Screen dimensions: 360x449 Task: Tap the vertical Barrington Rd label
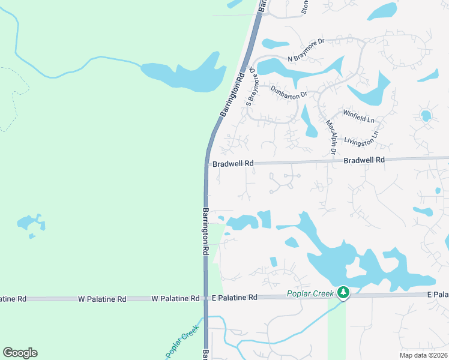point(205,232)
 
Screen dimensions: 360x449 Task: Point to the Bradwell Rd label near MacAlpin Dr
point(364,160)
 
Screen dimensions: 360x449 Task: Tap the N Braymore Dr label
point(306,50)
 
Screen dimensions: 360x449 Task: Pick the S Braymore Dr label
point(253,88)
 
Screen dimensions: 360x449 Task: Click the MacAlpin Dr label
point(330,136)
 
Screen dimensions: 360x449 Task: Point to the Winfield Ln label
point(358,116)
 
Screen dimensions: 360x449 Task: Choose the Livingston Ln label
point(361,140)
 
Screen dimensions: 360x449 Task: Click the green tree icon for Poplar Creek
point(343,293)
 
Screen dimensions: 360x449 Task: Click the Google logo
point(20,352)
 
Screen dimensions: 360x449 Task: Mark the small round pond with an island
point(426,115)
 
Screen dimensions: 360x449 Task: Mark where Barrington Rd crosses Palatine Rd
point(205,298)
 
